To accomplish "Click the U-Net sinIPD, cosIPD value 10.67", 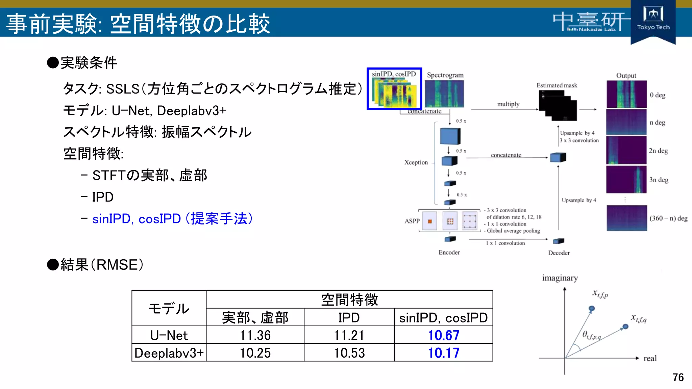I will click(443, 335).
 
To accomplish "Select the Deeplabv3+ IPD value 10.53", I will click(349, 353).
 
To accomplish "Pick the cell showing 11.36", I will click(255, 335).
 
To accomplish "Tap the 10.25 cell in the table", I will click(255, 353).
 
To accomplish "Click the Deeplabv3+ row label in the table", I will click(169, 353).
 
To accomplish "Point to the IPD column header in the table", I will click(349, 317).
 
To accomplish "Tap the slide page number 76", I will click(678, 377).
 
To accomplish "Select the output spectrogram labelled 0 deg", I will click(626, 94).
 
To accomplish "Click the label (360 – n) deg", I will click(668, 218).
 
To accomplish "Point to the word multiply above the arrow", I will click(508, 104).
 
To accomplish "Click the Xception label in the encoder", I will click(416, 162).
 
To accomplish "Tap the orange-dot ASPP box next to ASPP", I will click(429, 221).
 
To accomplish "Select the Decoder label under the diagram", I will click(559, 253).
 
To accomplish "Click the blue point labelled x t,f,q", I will click(625, 327).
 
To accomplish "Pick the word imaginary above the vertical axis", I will click(560, 278).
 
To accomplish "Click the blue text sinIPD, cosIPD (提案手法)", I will click(172, 219).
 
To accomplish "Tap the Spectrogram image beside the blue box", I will click(444, 94).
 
